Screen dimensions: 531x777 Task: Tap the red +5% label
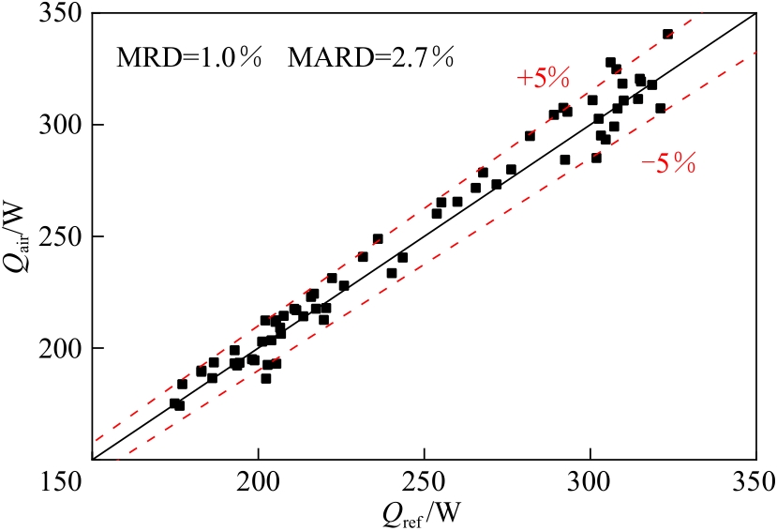point(544,80)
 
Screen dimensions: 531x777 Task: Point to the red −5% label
point(668,166)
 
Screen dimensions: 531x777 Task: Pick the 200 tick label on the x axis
point(258,483)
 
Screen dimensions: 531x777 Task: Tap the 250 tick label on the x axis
point(424,483)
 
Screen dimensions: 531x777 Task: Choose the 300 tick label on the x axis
point(590,483)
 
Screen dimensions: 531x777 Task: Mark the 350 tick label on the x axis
point(755,483)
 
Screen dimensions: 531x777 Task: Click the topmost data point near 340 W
point(667,34)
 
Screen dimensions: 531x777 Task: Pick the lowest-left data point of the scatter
point(174,403)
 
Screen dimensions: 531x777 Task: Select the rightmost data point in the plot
point(667,34)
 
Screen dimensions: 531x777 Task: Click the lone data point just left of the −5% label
point(596,158)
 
